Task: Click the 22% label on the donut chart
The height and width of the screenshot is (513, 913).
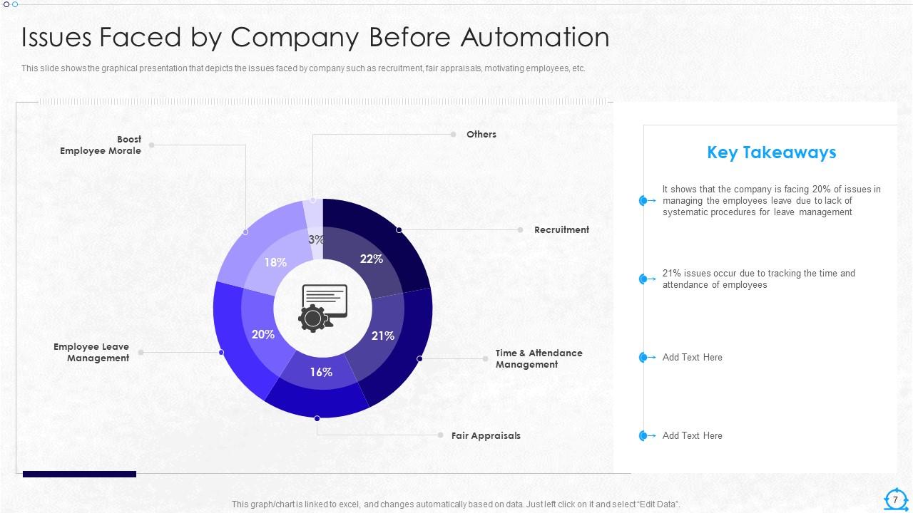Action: click(372, 259)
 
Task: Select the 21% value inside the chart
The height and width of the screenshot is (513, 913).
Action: click(383, 336)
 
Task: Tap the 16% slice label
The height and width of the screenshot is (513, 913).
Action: click(321, 372)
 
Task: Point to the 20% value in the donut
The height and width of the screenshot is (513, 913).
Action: click(263, 334)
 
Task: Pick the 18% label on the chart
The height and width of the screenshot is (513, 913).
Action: click(275, 262)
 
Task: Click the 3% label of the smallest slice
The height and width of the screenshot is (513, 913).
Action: click(316, 240)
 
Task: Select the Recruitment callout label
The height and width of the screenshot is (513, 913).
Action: click(561, 230)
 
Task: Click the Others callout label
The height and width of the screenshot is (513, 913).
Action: click(481, 135)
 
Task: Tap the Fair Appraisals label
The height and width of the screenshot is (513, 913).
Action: click(486, 436)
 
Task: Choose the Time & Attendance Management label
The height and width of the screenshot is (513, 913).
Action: click(539, 359)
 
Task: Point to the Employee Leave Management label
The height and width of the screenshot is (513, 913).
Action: click(91, 353)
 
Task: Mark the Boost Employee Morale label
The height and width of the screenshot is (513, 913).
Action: click(101, 145)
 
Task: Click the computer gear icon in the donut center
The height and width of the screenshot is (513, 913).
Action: click(323, 308)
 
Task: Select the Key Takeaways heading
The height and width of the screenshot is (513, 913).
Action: click(771, 152)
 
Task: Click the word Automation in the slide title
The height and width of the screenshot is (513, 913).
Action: click(535, 38)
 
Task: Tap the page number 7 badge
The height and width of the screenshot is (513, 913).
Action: click(895, 499)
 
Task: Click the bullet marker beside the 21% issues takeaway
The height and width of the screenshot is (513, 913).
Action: click(644, 279)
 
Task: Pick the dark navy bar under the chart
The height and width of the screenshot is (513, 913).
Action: click(79, 474)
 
